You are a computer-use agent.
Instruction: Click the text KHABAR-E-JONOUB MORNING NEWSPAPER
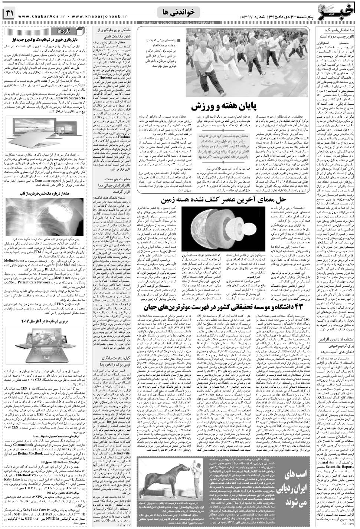click(173, 23)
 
